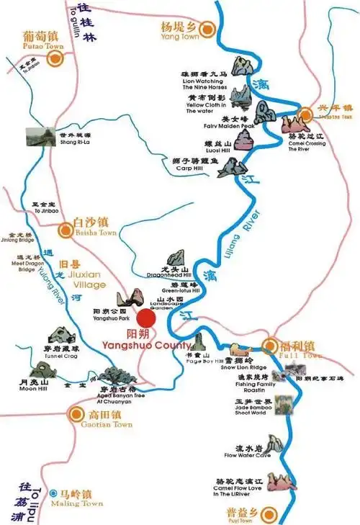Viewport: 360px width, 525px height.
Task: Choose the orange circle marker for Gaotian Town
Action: point(77,414)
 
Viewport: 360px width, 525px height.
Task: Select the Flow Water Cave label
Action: point(247,455)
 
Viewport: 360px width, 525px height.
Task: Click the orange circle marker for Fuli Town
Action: point(271,345)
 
